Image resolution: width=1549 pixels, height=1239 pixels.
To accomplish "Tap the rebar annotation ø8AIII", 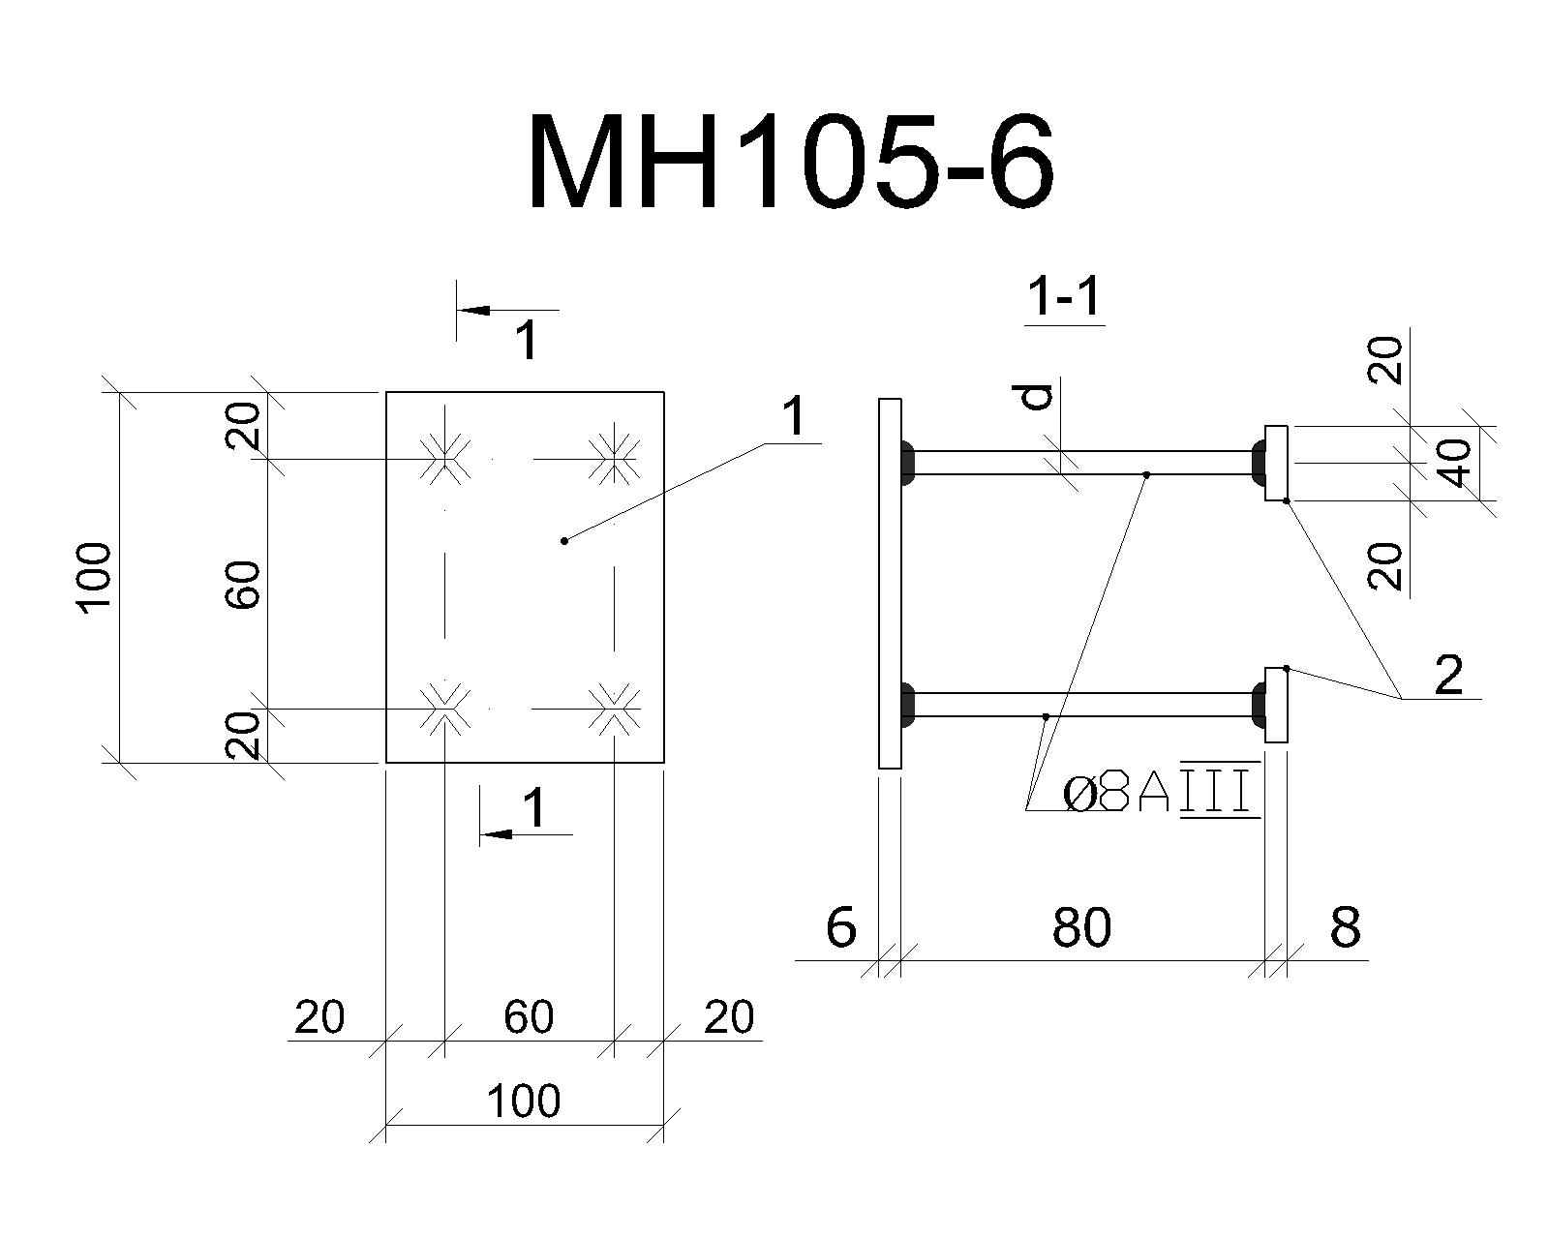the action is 1162,794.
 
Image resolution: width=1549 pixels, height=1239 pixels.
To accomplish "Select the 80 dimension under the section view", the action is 1081,927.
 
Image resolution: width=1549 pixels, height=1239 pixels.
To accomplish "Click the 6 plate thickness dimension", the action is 841,927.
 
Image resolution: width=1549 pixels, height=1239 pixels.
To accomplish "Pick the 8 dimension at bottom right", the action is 1346,927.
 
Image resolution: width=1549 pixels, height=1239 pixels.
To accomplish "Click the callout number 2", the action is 1448,675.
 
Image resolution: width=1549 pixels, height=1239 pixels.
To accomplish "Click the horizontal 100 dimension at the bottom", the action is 524,1101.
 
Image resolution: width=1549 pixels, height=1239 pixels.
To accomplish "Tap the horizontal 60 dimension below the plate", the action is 529,1016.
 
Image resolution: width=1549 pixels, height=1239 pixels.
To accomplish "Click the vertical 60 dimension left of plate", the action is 243,585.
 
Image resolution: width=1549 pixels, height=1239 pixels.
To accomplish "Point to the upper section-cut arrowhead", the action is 474,311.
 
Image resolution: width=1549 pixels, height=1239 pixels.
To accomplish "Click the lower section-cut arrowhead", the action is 497,834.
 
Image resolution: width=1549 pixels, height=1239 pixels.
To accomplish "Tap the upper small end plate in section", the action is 1276,463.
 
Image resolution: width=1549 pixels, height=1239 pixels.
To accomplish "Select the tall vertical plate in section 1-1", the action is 891,584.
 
